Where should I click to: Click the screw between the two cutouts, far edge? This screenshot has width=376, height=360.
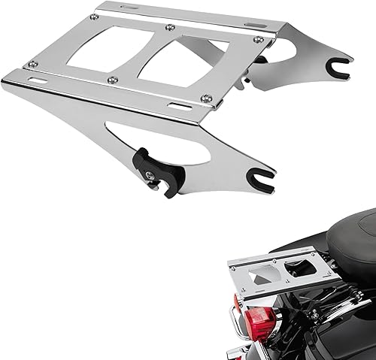(x=171, y=28)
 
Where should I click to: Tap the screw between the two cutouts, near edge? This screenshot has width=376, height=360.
(x=112, y=80)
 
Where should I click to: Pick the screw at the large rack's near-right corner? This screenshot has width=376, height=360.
(x=206, y=98)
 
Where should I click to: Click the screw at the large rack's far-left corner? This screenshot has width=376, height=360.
(x=94, y=17)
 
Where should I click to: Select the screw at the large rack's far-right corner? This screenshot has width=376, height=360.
(x=258, y=39)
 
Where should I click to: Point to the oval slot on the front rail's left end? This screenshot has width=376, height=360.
(x=35, y=77)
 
